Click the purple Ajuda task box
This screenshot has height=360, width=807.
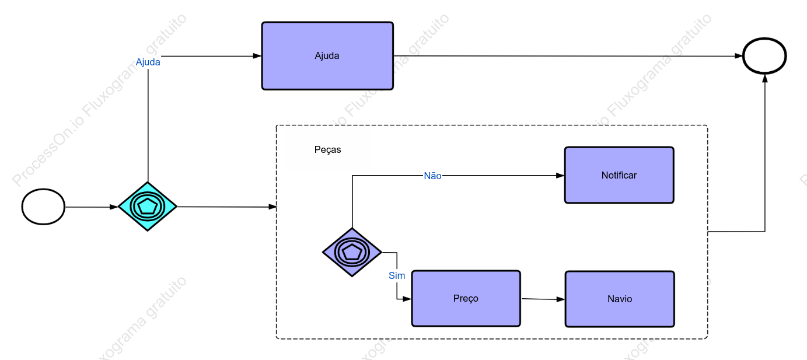[x=327, y=56]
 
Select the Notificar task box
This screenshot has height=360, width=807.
[x=619, y=175]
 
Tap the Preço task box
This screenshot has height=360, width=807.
[x=466, y=298]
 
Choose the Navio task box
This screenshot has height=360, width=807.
[x=620, y=299]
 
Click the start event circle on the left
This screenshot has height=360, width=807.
[x=43, y=207]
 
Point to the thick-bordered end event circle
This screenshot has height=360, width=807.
[x=764, y=56]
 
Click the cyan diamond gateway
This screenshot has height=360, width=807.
[x=148, y=207]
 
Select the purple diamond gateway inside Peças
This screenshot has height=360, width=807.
[x=352, y=252]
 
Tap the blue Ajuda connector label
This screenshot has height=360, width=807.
[x=148, y=62]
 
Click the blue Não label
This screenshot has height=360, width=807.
[x=432, y=176]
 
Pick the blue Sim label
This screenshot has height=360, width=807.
[x=397, y=275]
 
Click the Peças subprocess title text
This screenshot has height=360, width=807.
[x=327, y=149]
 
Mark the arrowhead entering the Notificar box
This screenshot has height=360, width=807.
[x=560, y=176]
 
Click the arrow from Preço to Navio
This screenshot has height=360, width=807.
[x=543, y=299]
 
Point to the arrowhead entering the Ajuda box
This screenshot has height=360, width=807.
[x=257, y=56]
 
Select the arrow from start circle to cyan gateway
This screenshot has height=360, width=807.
[x=92, y=207]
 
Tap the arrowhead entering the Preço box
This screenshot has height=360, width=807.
[x=407, y=299]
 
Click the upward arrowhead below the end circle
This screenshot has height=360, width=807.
[x=765, y=78]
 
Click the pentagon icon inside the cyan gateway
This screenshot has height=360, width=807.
[x=148, y=207]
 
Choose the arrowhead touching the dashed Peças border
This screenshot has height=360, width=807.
[x=273, y=207]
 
